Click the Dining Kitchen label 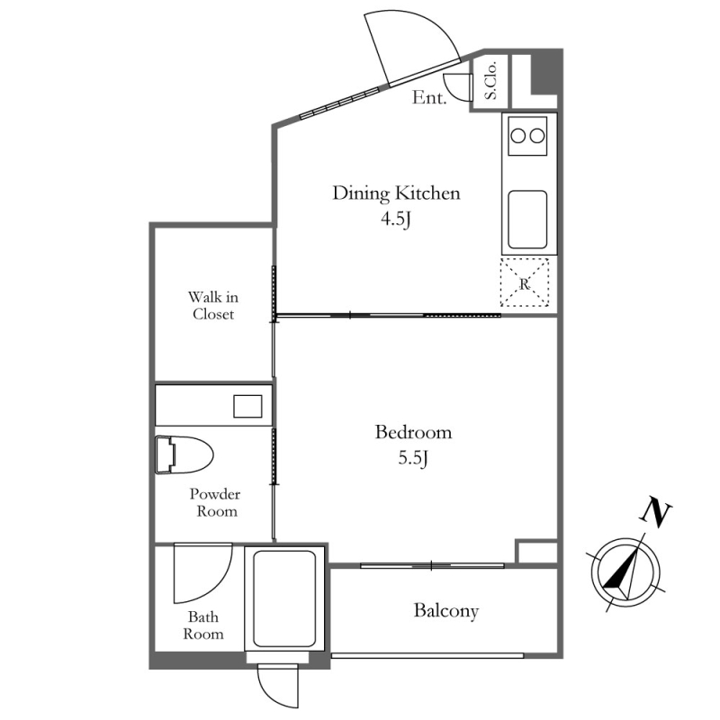(x=396, y=193)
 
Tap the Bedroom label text (x=413, y=432)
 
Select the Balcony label (x=445, y=611)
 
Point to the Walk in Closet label (x=213, y=305)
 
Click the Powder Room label (x=215, y=502)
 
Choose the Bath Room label (x=203, y=625)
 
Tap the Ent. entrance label (x=429, y=97)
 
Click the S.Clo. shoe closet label (x=490, y=81)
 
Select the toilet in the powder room (x=184, y=454)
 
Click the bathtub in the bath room (x=284, y=598)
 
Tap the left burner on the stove (x=518, y=136)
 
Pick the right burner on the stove (x=537, y=136)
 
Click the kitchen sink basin (x=527, y=220)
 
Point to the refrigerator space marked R (x=525, y=283)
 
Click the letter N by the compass (x=656, y=512)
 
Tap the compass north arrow (x=625, y=571)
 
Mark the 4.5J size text (x=395, y=220)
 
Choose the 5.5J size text (x=413, y=458)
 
